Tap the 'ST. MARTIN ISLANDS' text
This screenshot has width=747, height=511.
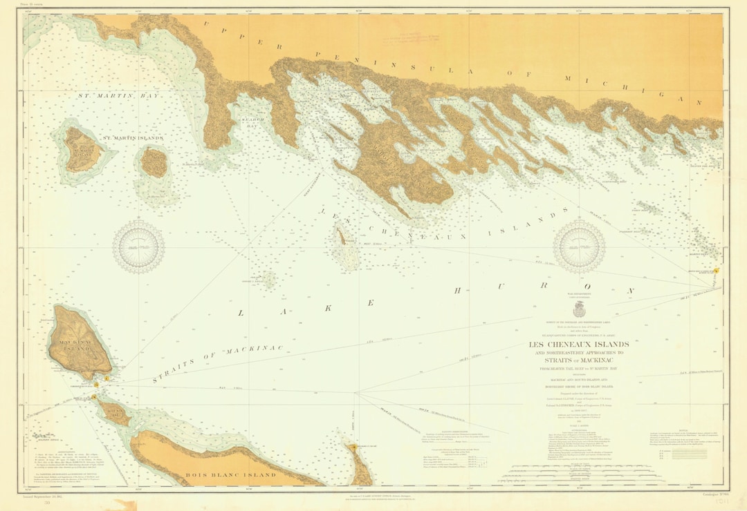(x=133, y=138)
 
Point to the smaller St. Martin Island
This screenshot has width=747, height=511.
(x=154, y=163)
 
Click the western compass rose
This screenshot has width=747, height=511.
(x=138, y=247)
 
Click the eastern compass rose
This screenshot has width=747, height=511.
(x=579, y=247)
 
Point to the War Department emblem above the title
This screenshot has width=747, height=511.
(x=579, y=311)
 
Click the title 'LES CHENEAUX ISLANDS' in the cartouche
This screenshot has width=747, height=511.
(x=579, y=345)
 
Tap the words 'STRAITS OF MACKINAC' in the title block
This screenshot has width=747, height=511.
(x=579, y=360)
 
